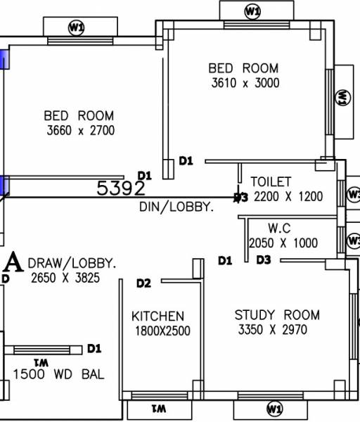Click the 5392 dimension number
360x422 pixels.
coord(121,188)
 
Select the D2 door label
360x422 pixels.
coord(143,283)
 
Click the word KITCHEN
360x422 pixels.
coord(157,316)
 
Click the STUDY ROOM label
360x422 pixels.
coord(277,314)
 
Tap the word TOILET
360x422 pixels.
coord(270,182)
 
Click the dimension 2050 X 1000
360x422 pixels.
coord(283,243)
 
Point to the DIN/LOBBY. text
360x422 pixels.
coord(176,208)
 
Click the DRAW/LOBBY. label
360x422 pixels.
coord(72,263)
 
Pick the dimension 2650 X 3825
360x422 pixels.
coord(65,279)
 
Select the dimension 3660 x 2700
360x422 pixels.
coord(80,131)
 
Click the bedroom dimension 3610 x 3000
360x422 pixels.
coord(245,83)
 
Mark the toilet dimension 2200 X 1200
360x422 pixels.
coord(288,196)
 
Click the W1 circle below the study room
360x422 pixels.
coord(274,409)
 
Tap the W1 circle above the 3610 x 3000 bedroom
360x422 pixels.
coord(252,11)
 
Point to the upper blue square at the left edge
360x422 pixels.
coord(4,58)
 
